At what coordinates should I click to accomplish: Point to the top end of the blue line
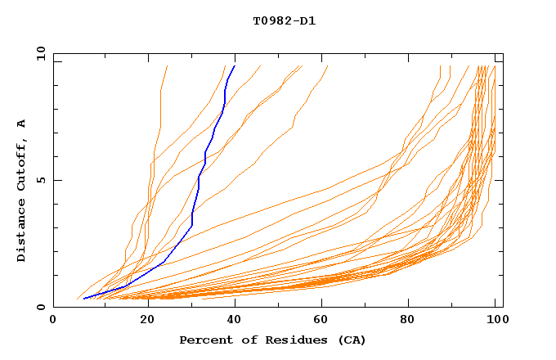tap(235, 66)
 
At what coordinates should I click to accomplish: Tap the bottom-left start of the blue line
tap(84, 299)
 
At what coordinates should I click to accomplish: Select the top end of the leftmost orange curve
tap(167, 66)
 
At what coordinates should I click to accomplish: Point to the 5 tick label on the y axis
tap(39, 180)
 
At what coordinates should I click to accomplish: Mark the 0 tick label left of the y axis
tap(39, 307)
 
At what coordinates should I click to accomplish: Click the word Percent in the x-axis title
tap(203, 340)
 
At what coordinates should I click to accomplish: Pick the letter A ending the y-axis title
tap(21, 123)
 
